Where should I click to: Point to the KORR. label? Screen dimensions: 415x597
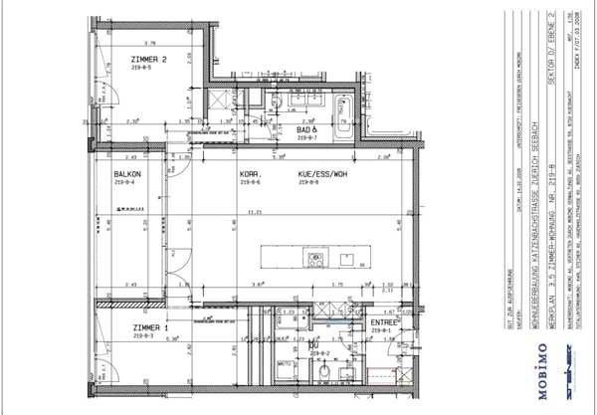[250, 173]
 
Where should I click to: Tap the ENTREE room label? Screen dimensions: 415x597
[383, 322]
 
